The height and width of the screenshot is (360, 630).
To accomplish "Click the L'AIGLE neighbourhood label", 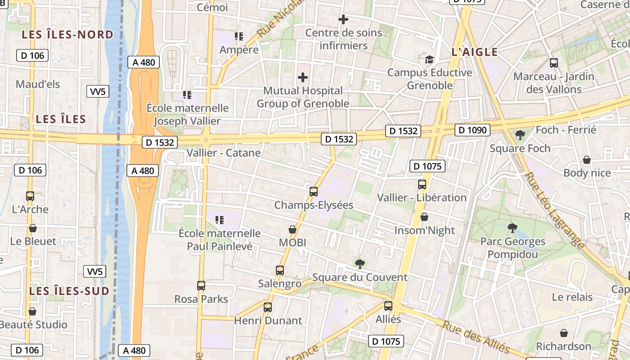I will pyautogui.click(x=475, y=52).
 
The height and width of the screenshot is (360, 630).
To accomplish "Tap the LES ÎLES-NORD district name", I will pyautogui.click(x=67, y=35).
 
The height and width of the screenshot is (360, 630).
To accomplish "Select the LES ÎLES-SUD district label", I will pyautogui.click(x=69, y=291).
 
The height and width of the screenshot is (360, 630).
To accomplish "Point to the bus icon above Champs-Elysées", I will pyautogui.click(x=314, y=192).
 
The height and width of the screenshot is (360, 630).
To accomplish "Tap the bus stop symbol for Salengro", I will pyautogui.click(x=280, y=270).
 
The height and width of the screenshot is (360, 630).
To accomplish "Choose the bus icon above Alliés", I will pyautogui.click(x=388, y=306).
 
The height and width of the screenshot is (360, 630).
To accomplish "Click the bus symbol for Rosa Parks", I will pyautogui.click(x=201, y=286).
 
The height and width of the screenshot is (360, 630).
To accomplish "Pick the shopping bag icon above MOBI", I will pyautogui.click(x=292, y=229).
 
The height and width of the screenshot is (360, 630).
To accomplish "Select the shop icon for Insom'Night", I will pyautogui.click(x=424, y=217).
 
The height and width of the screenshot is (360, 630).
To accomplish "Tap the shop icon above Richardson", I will pyautogui.click(x=564, y=333).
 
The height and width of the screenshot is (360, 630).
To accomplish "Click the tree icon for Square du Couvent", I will pyautogui.click(x=360, y=264).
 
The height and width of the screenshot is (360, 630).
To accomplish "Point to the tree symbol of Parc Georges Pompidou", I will pyautogui.click(x=512, y=228).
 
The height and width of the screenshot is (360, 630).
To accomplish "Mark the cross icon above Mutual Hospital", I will pyautogui.click(x=303, y=77).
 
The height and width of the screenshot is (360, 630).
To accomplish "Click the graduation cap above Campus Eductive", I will pyautogui.click(x=430, y=59).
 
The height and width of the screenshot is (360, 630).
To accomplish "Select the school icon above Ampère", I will pyautogui.click(x=238, y=36).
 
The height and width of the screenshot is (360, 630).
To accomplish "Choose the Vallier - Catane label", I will pyautogui.click(x=224, y=153).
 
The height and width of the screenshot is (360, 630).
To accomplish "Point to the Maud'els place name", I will pyautogui.click(x=38, y=84).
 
